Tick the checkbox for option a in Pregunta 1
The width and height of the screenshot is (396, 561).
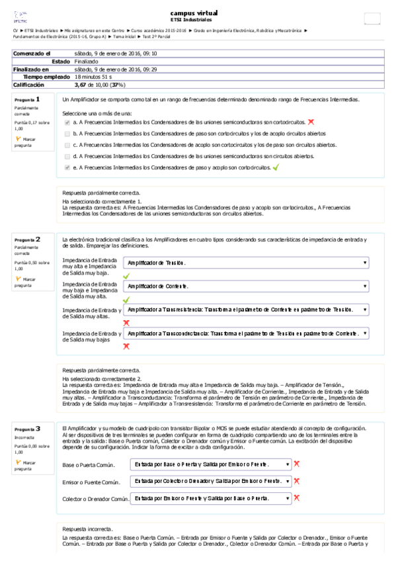[67, 122]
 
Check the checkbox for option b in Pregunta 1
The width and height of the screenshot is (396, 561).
[67, 134]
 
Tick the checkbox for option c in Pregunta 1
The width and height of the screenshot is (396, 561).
[67, 145]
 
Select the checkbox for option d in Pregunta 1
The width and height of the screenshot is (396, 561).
[67, 156]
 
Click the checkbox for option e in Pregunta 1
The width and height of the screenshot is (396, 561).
[67, 168]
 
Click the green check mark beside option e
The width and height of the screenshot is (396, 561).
[275, 167]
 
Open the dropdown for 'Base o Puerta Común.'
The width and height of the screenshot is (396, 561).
[210, 464]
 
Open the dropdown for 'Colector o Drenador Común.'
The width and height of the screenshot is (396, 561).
[210, 497]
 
